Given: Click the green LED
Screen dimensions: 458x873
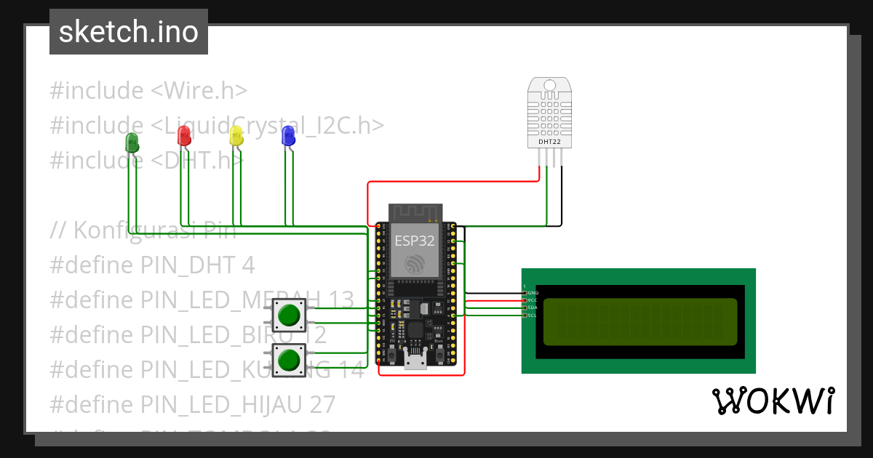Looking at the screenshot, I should [x=132, y=142].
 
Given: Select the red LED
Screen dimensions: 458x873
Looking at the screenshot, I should [x=185, y=134].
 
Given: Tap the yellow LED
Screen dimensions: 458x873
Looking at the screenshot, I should [x=236, y=135].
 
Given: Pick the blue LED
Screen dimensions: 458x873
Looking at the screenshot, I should [x=288, y=135].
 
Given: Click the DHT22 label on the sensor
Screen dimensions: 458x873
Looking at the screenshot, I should [x=549, y=142].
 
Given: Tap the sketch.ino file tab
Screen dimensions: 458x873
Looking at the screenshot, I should [x=129, y=32].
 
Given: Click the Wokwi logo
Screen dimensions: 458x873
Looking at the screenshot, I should [x=773, y=401].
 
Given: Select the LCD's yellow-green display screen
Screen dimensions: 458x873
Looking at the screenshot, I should [x=640, y=321].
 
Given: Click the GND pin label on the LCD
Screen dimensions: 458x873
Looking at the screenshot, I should [x=532, y=292].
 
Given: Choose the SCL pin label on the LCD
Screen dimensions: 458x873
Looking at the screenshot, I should [x=532, y=315].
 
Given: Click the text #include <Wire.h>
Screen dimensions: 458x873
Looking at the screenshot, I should [x=148, y=91].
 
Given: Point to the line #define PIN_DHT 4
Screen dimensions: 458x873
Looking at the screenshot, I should [x=152, y=265].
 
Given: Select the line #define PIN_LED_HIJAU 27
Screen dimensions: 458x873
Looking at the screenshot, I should [x=193, y=403].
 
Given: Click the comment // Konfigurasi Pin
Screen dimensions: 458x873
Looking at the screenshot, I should [x=143, y=230].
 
